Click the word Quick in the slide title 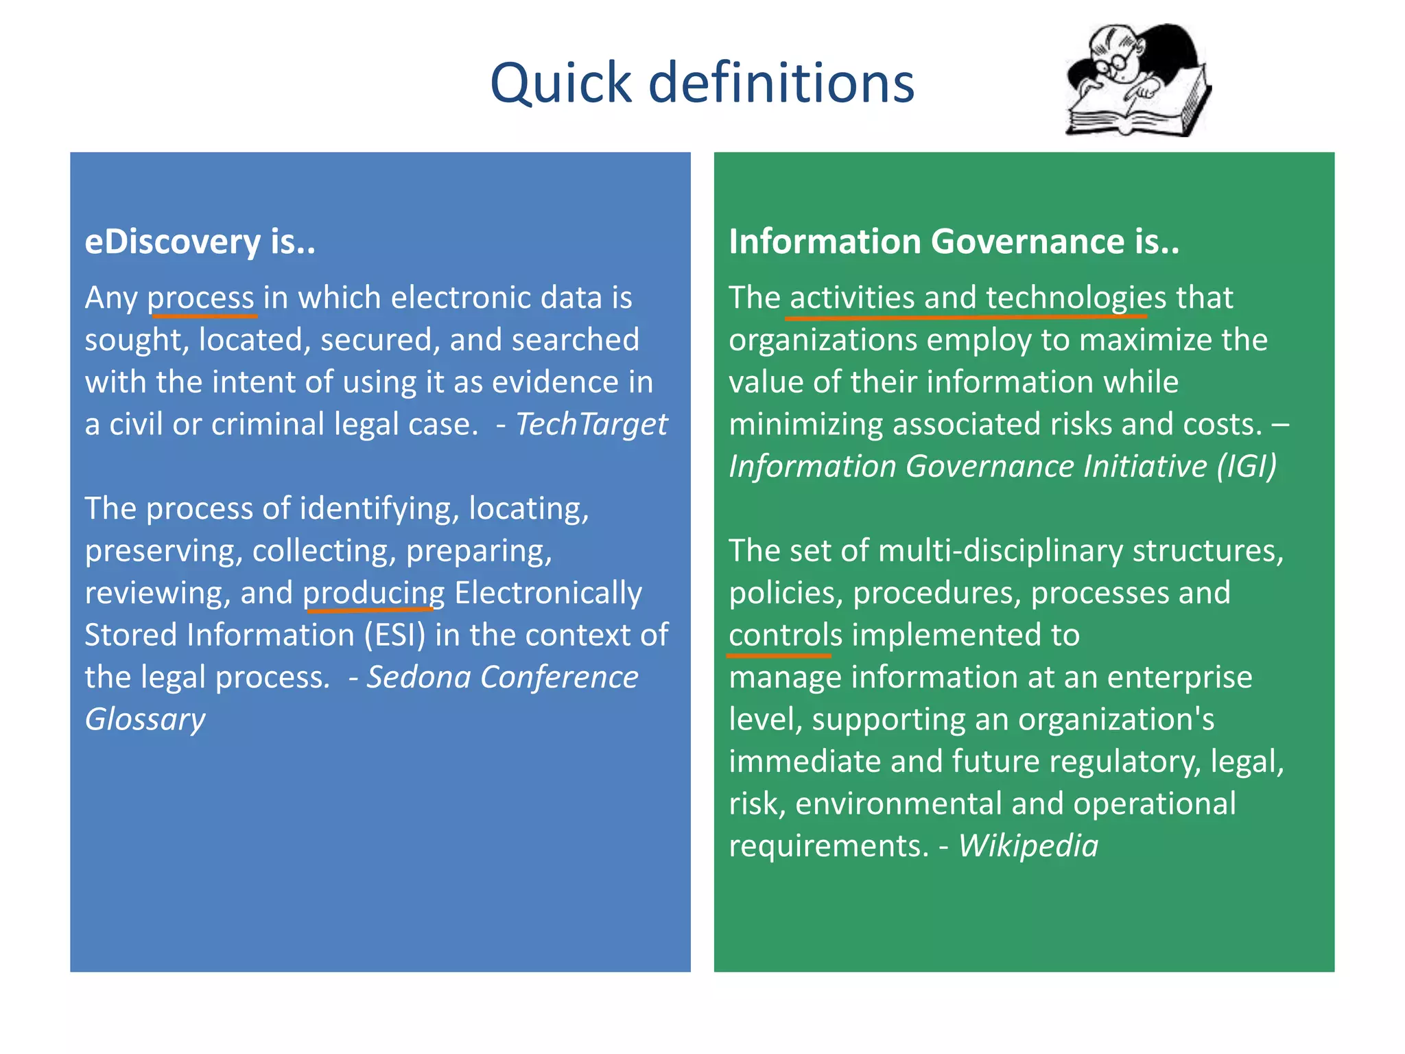(560, 84)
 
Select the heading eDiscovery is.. (200, 242)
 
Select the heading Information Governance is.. (954, 242)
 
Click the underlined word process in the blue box (201, 298)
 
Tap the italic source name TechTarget (591, 424)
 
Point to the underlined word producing (374, 593)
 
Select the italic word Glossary (145, 720)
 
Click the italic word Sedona (418, 678)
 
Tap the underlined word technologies (1076, 298)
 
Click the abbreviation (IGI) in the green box (1247, 467)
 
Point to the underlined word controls (785, 635)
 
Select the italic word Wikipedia (1028, 846)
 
